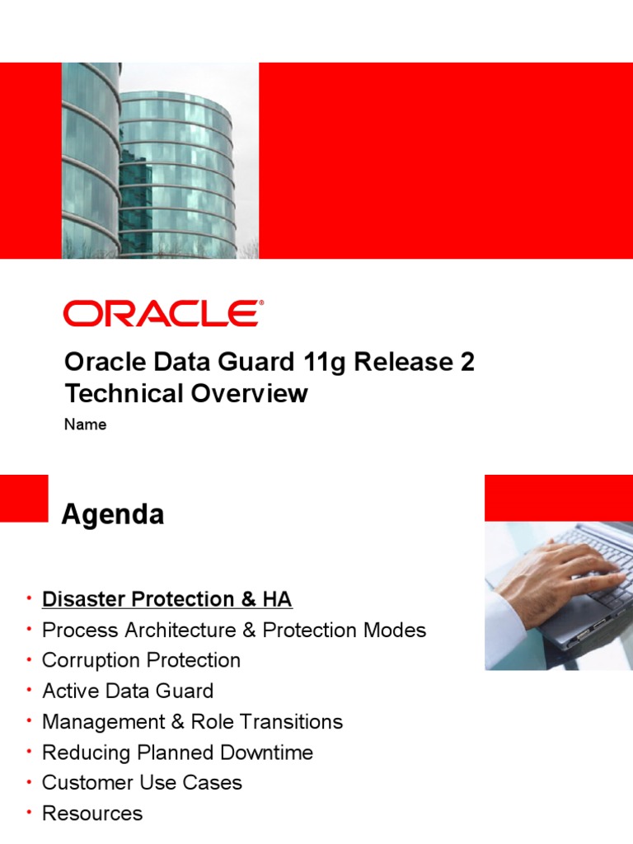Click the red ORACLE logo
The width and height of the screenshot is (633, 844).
coord(163,314)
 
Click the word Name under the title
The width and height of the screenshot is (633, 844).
coord(85,425)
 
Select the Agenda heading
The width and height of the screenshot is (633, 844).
coord(113,515)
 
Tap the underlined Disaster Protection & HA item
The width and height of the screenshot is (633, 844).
coord(166,599)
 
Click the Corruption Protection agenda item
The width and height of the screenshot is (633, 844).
coord(141,660)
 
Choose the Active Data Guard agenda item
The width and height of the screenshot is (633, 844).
coord(128,691)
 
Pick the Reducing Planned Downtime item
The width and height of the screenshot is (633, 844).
coord(177,752)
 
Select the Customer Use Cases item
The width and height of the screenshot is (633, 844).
coord(142,782)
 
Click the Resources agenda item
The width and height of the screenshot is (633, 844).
coord(91,813)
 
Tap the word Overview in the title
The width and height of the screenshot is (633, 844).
coord(249,394)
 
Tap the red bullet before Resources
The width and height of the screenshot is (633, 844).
coord(29,813)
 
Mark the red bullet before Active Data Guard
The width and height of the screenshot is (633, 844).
coord(29,691)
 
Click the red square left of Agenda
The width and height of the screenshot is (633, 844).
coord(24,498)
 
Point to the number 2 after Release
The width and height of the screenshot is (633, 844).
coord(467,363)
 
